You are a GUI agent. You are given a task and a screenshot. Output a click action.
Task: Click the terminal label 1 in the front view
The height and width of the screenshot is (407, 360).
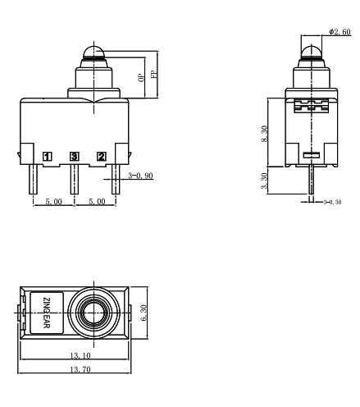(x=48, y=156)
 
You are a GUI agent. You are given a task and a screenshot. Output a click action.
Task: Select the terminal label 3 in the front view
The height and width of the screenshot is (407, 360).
(x=75, y=156)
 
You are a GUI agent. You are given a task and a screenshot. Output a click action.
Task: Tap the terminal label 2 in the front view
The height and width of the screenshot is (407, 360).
(x=102, y=156)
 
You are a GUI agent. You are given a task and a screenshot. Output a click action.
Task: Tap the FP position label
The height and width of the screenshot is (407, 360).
(x=153, y=71)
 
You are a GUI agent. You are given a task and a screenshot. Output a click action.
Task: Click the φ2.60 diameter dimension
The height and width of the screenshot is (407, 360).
(x=339, y=31)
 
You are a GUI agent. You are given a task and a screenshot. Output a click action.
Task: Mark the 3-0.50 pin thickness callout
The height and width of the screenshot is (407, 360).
(x=333, y=200)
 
